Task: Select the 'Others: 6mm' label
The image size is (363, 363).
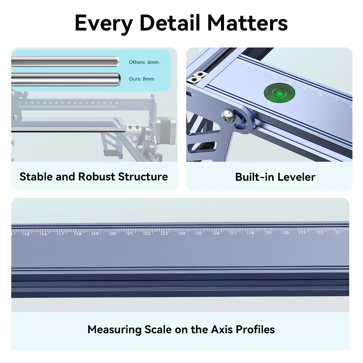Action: (x=144, y=62)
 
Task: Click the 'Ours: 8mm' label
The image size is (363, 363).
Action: (x=142, y=79)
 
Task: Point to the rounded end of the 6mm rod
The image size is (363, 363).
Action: (x=117, y=62)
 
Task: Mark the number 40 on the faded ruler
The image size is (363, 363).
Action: (x=116, y=103)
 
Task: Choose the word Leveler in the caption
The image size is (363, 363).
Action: (x=297, y=177)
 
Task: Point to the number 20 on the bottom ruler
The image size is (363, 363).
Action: (x=113, y=233)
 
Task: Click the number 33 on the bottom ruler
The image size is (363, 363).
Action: (x=338, y=232)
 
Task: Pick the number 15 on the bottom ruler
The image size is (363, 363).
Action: (x=27, y=234)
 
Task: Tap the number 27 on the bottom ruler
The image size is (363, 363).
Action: (x=234, y=233)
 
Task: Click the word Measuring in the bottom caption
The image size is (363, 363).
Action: (x=115, y=330)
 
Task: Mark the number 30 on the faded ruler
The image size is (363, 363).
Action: (x=56, y=103)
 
